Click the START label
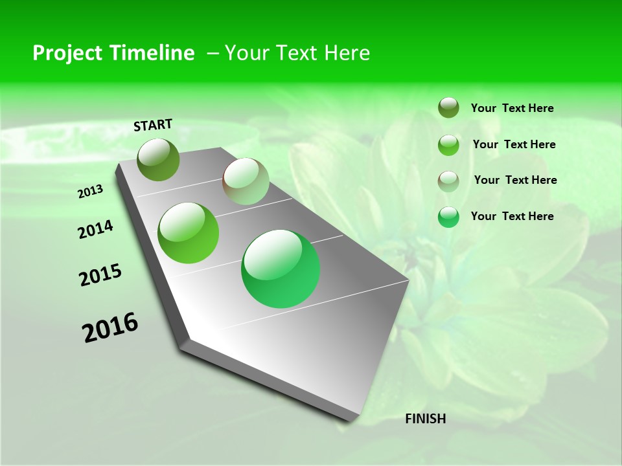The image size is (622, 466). [x=153, y=124]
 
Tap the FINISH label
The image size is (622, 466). [x=425, y=419]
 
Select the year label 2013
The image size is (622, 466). [x=90, y=191]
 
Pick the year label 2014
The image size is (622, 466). [x=95, y=229]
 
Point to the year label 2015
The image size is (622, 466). [x=100, y=274]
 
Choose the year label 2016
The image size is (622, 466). [x=110, y=327]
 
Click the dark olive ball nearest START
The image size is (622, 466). [x=158, y=159]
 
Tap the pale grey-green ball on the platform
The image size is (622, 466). [x=246, y=181]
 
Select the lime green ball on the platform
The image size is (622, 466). [x=189, y=233]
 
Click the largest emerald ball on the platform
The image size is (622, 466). [x=281, y=269]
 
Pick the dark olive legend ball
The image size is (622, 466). [x=448, y=107]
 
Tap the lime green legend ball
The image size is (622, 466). [x=448, y=145]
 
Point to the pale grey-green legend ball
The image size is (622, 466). [x=448, y=181]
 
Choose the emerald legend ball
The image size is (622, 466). [x=448, y=217]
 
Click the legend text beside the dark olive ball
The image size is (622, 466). [x=512, y=109]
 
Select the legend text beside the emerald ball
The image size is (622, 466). [x=512, y=216]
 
